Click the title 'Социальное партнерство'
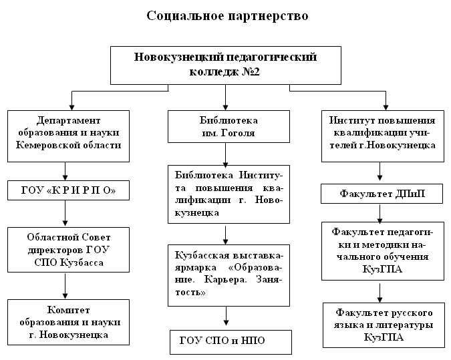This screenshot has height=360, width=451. click(227, 16)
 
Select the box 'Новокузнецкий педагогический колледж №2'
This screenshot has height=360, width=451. click(226, 65)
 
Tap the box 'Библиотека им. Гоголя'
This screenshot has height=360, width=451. click(229, 126)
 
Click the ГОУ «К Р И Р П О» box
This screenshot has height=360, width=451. click(68, 190)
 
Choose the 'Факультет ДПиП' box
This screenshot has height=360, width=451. click(382, 194)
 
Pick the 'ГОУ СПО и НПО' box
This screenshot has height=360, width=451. click(231, 342)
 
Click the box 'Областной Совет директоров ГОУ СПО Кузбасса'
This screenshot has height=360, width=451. click(68, 250)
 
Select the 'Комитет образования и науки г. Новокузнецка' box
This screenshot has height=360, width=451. click(68, 323)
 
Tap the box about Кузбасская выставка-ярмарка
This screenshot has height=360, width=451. click(229, 275)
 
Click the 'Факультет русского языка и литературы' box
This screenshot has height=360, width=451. click(384, 325)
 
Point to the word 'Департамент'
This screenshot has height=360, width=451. click(68, 120)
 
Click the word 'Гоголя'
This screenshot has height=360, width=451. click(238, 133)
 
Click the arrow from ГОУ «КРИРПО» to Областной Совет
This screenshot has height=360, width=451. click(65, 213)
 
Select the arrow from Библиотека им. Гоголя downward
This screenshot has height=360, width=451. click(226, 155)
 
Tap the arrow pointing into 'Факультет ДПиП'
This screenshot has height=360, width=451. click(380, 172)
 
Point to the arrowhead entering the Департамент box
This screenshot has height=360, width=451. click(72, 108)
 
